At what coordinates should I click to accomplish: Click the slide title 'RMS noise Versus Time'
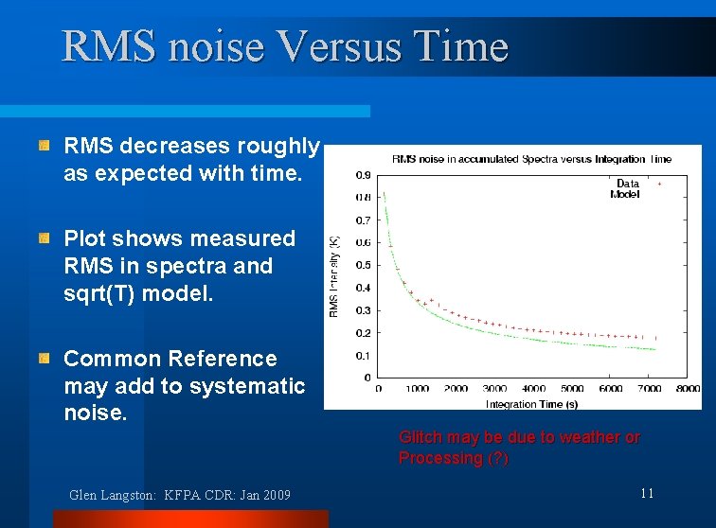click(285, 46)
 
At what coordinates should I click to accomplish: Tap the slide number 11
click(647, 493)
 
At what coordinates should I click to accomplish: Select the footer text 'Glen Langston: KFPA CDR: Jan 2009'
click(180, 495)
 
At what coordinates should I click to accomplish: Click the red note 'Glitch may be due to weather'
click(519, 437)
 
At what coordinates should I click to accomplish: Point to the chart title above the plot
click(531, 159)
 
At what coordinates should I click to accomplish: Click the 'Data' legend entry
click(628, 184)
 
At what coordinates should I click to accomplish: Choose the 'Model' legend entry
click(625, 194)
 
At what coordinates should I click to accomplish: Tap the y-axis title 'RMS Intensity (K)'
click(333, 276)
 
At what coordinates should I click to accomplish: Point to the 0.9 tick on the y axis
click(363, 175)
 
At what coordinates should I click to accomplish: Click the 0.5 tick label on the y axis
click(363, 265)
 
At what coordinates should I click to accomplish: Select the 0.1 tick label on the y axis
click(363, 356)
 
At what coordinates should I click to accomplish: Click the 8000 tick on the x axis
click(689, 389)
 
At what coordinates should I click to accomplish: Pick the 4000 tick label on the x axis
click(533, 389)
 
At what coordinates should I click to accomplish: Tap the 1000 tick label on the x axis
click(418, 389)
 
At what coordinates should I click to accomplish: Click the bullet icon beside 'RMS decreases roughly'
click(45, 147)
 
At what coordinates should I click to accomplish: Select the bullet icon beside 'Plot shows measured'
click(45, 239)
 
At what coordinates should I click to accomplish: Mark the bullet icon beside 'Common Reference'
click(45, 359)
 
